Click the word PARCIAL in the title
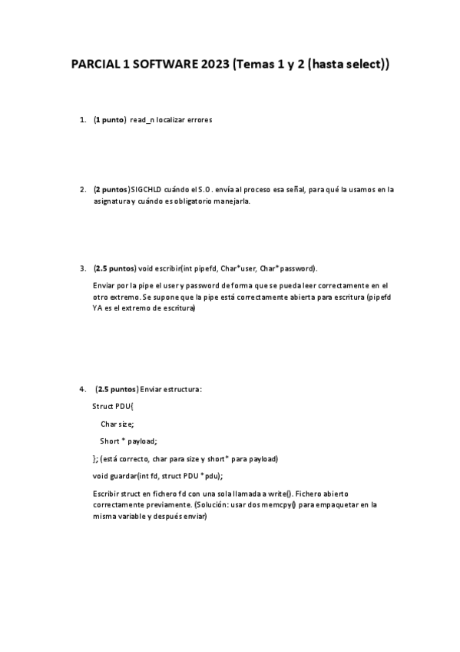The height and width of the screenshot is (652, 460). point(98,66)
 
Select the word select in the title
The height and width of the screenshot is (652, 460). point(362,66)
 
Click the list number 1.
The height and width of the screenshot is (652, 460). point(82,121)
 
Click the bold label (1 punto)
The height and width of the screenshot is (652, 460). point(110,121)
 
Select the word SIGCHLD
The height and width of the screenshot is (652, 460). point(152,189)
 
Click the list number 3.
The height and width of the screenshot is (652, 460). point(82,269)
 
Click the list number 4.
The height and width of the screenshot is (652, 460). point(82,389)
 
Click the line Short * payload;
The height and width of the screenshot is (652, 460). point(128,441)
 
